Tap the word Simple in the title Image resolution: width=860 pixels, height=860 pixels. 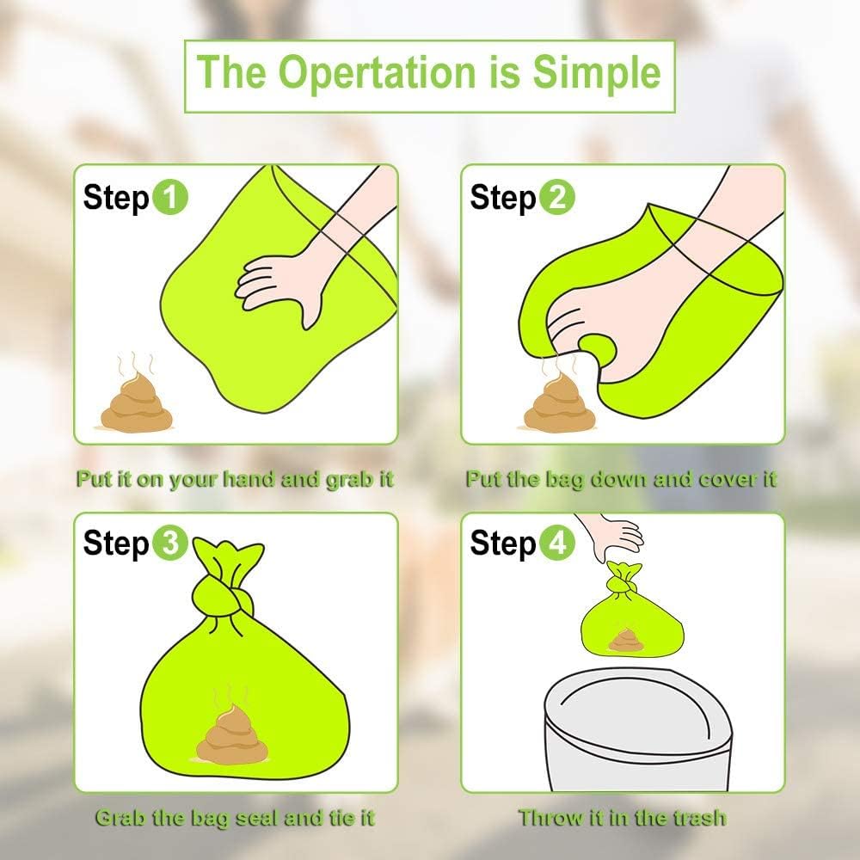596,72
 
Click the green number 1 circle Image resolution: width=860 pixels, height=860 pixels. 170,199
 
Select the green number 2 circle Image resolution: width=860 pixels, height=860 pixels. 557,199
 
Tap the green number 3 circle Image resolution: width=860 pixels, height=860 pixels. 170,544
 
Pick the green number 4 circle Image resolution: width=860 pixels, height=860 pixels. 557,544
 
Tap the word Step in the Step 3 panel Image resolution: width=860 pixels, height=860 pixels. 115,544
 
